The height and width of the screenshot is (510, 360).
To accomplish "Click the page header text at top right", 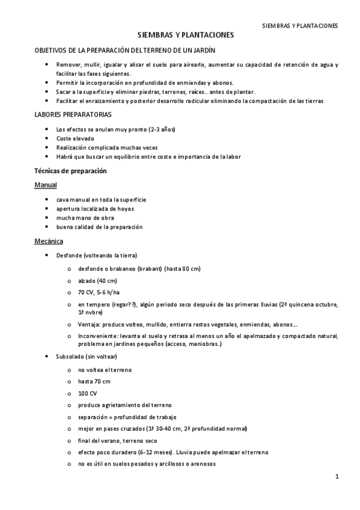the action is (x=301, y=26).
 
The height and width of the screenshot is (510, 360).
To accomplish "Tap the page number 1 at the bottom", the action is (x=338, y=477).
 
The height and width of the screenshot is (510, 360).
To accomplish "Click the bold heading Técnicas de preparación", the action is (x=70, y=171).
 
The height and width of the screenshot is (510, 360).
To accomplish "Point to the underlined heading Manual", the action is (x=45, y=185).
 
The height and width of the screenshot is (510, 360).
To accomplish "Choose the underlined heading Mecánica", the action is (x=49, y=241).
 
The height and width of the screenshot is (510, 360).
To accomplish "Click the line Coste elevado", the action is (x=75, y=138).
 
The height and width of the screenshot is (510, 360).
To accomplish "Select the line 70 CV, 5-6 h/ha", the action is (x=99, y=292).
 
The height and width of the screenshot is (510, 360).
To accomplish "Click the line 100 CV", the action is (x=87, y=393).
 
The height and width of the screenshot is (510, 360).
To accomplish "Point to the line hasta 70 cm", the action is (x=94, y=381).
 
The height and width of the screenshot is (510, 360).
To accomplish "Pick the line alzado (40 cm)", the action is (x=97, y=281).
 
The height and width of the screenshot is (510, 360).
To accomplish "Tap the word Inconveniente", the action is (x=97, y=336).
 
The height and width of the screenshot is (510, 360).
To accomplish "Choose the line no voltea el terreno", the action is (x=105, y=369).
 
